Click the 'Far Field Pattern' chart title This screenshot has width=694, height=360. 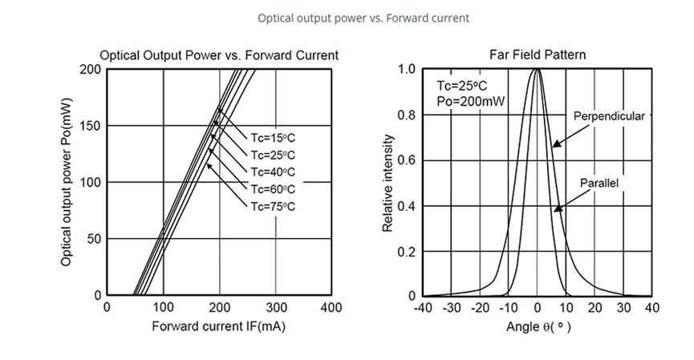[x=537, y=55]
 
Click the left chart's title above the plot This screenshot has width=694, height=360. [x=218, y=55]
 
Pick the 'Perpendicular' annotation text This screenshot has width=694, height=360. [x=609, y=116]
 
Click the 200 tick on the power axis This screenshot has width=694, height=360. [x=90, y=70]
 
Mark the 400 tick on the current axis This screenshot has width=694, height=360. [x=331, y=308]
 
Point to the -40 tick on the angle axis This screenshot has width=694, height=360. [x=424, y=308]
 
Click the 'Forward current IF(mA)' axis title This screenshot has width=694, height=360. [x=218, y=327]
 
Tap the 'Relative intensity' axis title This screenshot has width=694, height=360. [x=388, y=183]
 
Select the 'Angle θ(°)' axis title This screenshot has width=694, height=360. [x=538, y=327]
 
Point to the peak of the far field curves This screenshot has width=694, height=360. [x=537, y=71]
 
